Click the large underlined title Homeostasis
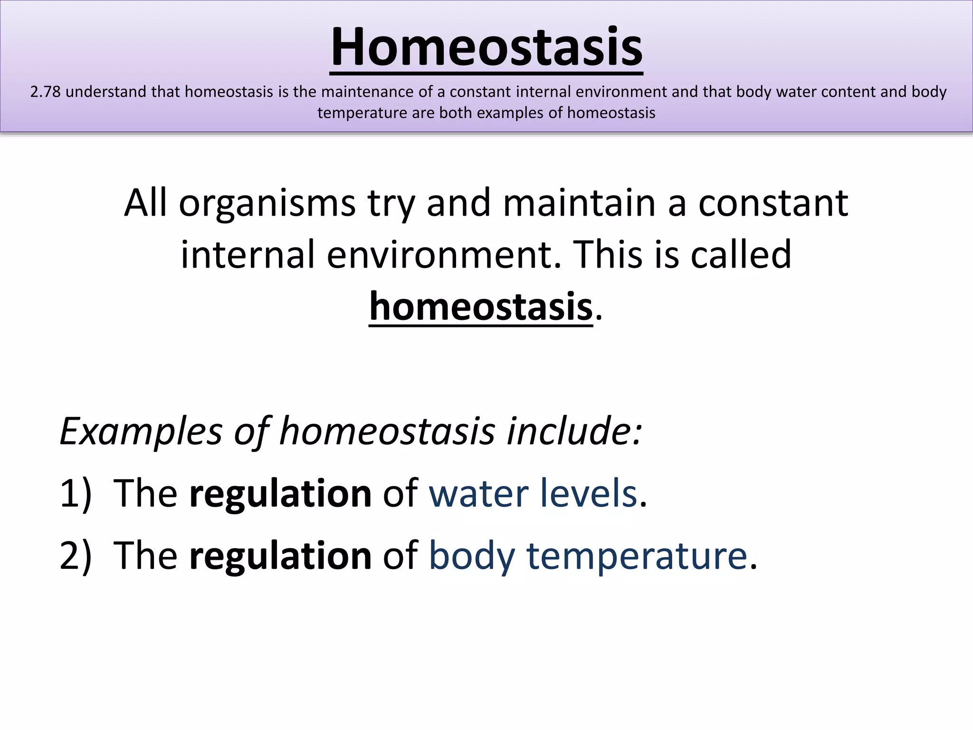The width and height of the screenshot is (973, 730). click(486, 48)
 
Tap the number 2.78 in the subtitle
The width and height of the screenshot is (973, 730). click(46, 92)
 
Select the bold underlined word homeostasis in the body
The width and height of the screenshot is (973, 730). click(481, 307)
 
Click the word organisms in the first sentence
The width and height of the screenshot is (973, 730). click(267, 203)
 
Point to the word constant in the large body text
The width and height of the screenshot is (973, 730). click(773, 203)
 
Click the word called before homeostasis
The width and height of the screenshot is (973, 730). click(741, 255)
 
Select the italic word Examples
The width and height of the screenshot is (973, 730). click(141, 431)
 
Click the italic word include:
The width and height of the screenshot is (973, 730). click(574, 431)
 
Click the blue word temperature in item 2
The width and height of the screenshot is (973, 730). click(637, 556)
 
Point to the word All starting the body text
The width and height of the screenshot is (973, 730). click(145, 203)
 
